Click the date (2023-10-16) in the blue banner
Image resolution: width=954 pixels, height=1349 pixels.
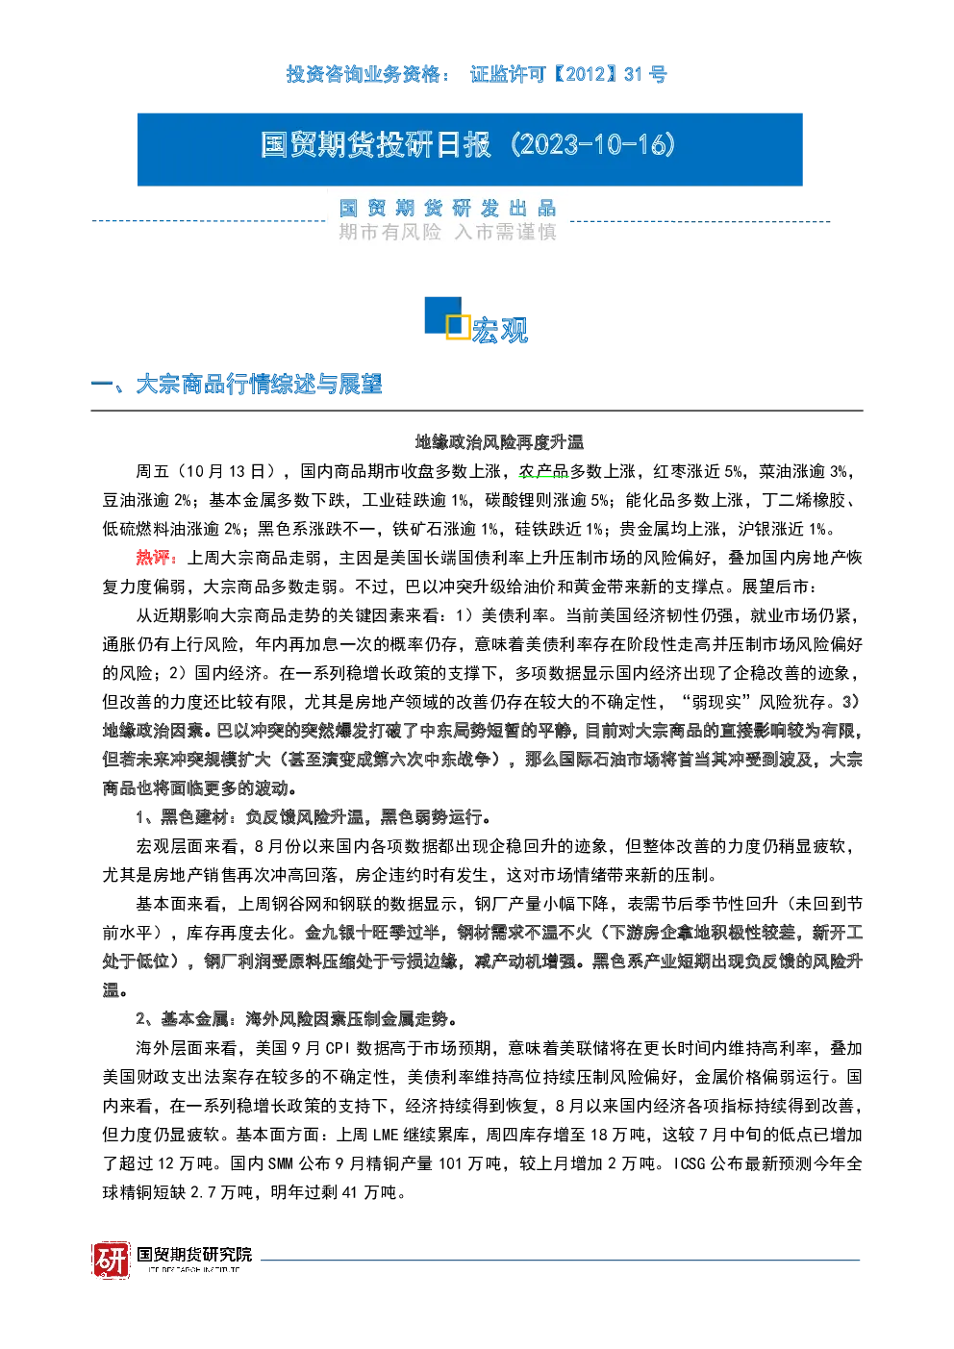pyautogui.click(x=593, y=145)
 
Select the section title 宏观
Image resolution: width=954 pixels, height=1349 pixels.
pyautogui.click(x=500, y=330)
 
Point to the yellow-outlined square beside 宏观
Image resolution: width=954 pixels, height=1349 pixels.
pyautogui.click(x=458, y=326)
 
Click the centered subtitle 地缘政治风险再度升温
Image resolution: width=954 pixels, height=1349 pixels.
pyautogui.click(x=499, y=442)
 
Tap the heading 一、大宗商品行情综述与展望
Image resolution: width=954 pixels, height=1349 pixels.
pyautogui.click(x=237, y=384)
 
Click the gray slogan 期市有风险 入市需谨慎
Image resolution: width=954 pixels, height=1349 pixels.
pyautogui.click(x=447, y=232)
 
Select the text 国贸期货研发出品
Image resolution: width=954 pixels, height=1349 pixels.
pyautogui.click(x=447, y=209)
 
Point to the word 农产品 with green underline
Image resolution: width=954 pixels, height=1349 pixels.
pyautogui.click(x=543, y=471)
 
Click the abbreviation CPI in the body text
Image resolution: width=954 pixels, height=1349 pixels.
pyautogui.click(x=338, y=1048)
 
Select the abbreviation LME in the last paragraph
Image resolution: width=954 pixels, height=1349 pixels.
pyautogui.click(x=386, y=1135)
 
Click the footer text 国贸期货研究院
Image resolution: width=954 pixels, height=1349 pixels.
pyautogui.click(x=194, y=1254)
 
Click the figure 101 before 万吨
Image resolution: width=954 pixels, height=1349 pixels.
pyautogui.click(x=449, y=1163)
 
